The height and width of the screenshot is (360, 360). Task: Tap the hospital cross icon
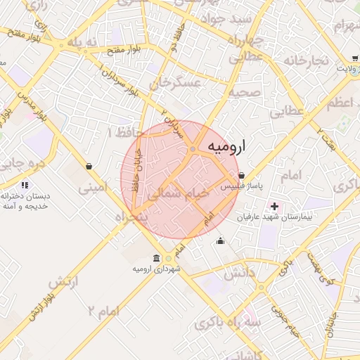pyautogui.click(x=274, y=207)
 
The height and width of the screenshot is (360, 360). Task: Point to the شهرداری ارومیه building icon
pyautogui.click(x=156, y=259)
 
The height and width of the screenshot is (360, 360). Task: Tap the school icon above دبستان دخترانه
pyautogui.click(x=25, y=185)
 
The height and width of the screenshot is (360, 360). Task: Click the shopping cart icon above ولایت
pyautogui.click(x=353, y=60)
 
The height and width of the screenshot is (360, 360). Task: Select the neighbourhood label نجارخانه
pyautogui.click(x=307, y=60)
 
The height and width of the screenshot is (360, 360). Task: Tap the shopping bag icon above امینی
pyautogui.click(x=89, y=166)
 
